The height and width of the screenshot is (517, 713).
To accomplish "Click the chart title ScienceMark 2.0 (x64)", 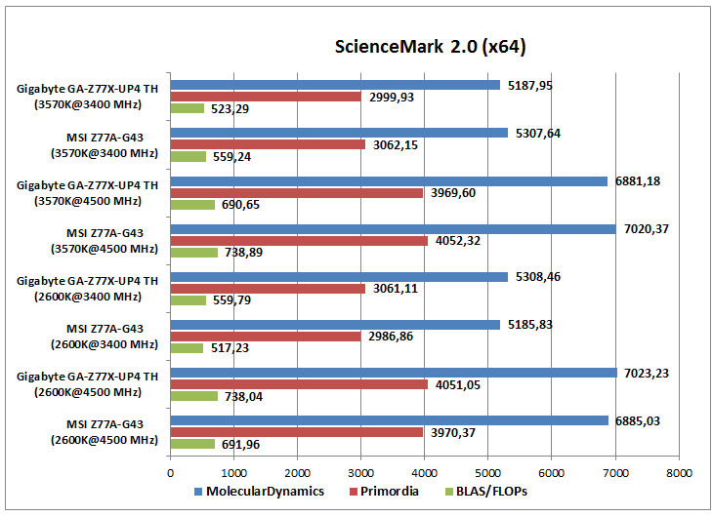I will [431, 47].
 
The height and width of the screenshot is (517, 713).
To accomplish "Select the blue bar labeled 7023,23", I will [394, 373].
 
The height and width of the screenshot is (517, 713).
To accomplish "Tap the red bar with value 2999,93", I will [266, 97].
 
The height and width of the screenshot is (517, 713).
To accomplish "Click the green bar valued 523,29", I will [188, 108].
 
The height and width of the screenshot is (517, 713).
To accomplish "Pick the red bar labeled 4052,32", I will [299, 241].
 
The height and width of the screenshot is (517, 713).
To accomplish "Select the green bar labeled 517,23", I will [188, 348].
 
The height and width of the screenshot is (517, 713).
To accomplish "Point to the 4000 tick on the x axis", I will [424, 471].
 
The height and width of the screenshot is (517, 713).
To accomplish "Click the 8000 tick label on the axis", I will [678, 471].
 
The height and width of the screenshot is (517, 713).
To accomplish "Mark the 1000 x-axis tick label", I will [234, 471].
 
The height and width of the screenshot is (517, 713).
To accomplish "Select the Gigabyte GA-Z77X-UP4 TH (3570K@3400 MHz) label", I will [87, 97].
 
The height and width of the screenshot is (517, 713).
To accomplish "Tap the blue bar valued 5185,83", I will [335, 325].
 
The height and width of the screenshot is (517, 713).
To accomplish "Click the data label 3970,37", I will [455, 432].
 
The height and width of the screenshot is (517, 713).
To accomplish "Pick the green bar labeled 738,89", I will [194, 253].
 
